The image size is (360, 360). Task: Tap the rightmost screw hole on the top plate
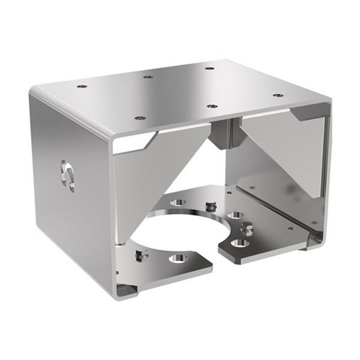277,95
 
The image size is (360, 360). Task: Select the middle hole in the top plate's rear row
147,76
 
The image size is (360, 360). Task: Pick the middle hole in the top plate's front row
211,106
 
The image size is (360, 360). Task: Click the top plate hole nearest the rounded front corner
140,118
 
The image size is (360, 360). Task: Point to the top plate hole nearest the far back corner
209,68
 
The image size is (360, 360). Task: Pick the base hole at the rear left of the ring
178,202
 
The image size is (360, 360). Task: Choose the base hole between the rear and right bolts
235,214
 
